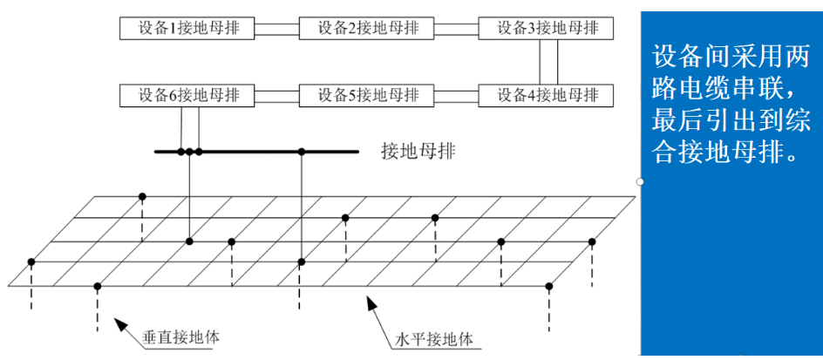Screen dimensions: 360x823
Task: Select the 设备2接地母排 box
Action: pyautogui.click(x=366, y=28)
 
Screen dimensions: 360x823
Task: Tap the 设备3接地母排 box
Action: pyautogui.click(x=546, y=28)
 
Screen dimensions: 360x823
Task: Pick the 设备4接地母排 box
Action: pyautogui.click(x=546, y=94)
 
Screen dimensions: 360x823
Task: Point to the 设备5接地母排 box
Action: pyautogui.click(x=366, y=94)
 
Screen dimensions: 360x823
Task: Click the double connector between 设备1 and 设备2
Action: pyautogui.click(x=275, y=28)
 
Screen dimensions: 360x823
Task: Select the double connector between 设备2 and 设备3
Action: pyautogui.click(x=456, y=28)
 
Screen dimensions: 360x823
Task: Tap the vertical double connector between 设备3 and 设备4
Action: pyautogui.click(x=548, y=61)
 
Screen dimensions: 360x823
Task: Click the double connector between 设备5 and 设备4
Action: pyautogui.click(x=456, y=94)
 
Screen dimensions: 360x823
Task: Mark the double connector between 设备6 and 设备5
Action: pyautogui.click(x=275, y=94)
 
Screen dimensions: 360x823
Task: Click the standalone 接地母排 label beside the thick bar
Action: pyautogui.click(x=418, y=151)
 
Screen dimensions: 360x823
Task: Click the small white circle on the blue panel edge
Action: pyautogui.click(x=641, y=181)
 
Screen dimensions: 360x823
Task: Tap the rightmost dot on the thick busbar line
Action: pyautogui.click(x=302, y=152)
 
